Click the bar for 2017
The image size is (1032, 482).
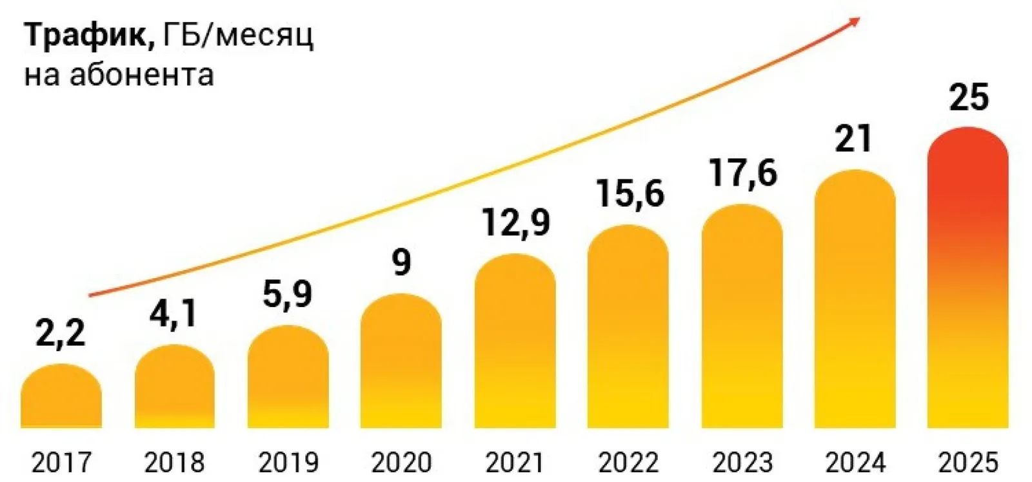click(x=61, y=397)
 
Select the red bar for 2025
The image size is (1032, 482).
click(x=967, y=277)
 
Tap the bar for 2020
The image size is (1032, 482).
click(x=401, y=361)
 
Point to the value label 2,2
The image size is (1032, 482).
click(x=61, y=334)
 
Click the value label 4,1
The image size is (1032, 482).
click(x=174, y=314)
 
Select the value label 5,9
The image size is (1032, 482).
click(x=288, y=294)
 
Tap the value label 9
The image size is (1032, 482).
click(x=401, y=263)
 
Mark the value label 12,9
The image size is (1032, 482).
click(x=515, y=223)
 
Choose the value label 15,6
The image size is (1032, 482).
click(x=630, y=193)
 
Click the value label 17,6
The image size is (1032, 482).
click(x=742, y=173)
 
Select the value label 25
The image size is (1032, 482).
click(x=969, y=97)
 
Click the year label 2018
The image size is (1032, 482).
click(x=174, y=463)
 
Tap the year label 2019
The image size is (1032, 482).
click(x=288, y=463)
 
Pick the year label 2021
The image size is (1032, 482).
click(x=515, y=463)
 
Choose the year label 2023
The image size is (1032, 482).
click(x=742, y=463)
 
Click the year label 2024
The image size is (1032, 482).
click(x=855, y=463)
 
